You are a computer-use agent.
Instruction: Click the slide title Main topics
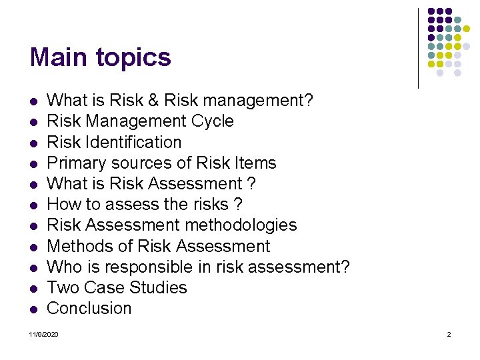(100, 57)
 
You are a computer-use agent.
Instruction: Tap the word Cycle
(213, 121)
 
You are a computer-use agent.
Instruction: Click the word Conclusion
(89, 309)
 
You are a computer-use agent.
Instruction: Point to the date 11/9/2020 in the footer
(44, 333)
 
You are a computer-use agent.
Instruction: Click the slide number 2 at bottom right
(449, 333)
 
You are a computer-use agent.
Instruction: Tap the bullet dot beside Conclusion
(33, 309)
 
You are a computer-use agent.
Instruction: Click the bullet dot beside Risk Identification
(33, 143)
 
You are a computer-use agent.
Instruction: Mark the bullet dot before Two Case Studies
(33, 289)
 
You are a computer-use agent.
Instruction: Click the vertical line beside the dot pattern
(418, 48)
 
